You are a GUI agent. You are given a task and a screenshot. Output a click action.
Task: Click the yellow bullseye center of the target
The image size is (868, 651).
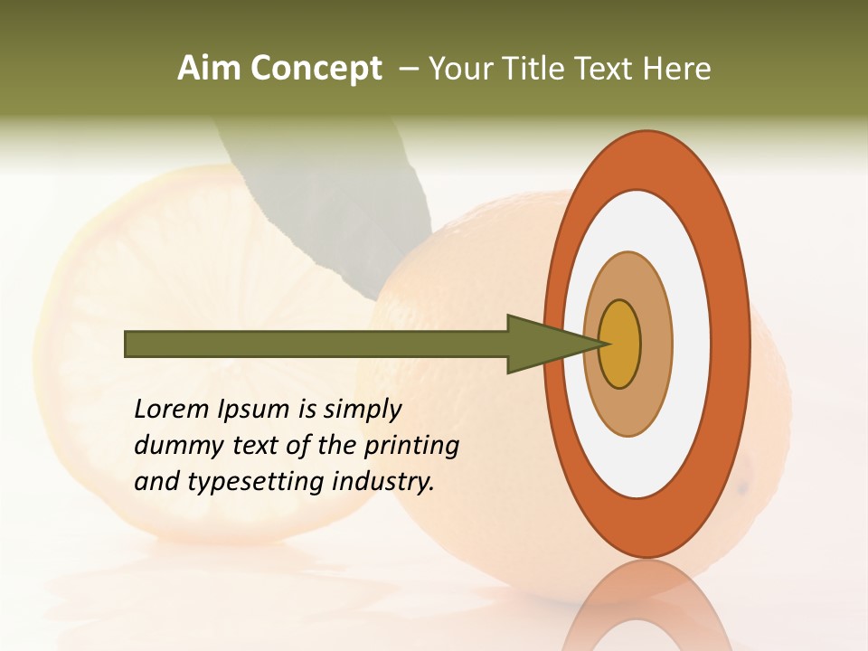[619, 344]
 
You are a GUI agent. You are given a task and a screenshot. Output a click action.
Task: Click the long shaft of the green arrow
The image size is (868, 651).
[316, 344]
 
